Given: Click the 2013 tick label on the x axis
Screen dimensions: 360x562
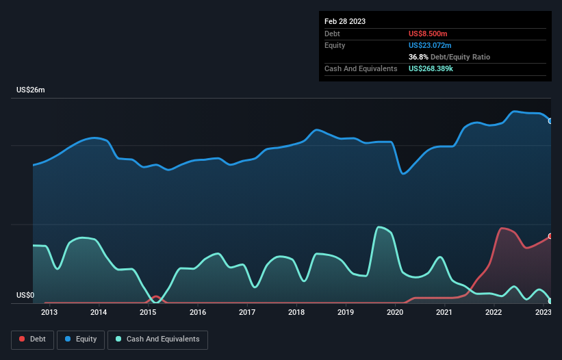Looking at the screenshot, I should tap(49, 313).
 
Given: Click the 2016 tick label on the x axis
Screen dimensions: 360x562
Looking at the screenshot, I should tap(198, 313).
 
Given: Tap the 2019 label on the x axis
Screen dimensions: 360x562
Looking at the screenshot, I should tap(346, 313).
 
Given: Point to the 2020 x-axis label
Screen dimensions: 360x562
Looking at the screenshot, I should tap(395, 313).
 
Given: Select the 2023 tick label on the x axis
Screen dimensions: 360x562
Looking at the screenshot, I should tap(543, 313).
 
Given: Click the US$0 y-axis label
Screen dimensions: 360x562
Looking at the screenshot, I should tap(25, 296).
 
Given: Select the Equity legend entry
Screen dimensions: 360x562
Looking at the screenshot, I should tap(81, 339).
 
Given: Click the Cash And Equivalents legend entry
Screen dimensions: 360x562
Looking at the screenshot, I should tap(157, 339).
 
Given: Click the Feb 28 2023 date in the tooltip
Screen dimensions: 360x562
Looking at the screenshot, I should tap(345, 21).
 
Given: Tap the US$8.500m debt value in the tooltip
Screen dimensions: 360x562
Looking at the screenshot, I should tap(428, 34).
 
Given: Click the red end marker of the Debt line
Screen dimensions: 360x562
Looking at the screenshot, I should tap(550, 236).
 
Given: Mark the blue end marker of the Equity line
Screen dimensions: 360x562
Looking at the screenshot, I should tap(550, 121).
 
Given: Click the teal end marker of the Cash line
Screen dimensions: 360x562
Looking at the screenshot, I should tap(550, 300).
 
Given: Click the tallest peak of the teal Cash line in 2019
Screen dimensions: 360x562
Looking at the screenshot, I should tap(379, 227).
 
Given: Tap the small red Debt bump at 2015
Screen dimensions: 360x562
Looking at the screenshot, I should tap(156, 296).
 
